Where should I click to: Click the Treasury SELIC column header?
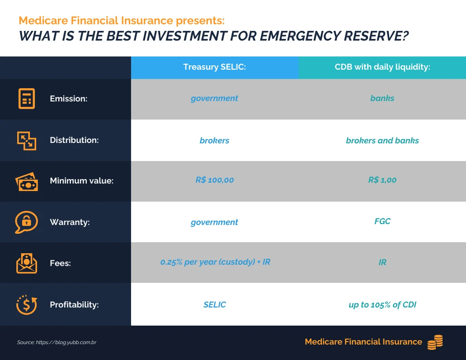[x=214, y=67]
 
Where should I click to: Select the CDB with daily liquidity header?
[x=382, y=67]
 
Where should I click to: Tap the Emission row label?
[x=68, y=99]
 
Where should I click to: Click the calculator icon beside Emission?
[x=26, y=98]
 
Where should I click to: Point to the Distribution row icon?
[x=26, y=140]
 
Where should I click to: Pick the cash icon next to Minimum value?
[x=26, y=181]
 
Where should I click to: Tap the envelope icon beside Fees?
[x=26, y=263]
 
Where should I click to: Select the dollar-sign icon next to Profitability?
[x=26, y=304]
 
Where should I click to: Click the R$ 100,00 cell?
[x=214, y=180]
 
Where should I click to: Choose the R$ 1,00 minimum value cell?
[x=382, y=180]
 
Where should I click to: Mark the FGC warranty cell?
[x=382, y=221]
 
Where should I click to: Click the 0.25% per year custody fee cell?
[x=215, y=262]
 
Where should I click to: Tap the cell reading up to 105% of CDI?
[x=382, y=305]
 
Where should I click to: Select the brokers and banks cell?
[x=382, y=141]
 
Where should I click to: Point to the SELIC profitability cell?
[x=214, y=305]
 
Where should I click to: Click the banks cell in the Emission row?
[x=382, y=98]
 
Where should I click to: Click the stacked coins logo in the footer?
[x=435, y=342]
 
